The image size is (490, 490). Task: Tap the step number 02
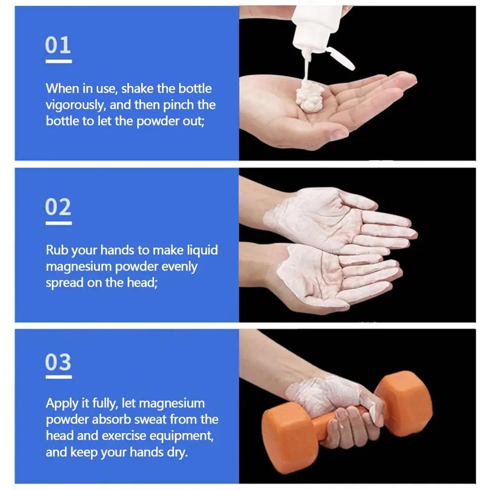pyautogui.click(x=58, y=207)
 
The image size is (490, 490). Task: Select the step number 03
pyautogui.click(x=58, y=363)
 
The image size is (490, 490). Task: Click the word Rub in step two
pyautogui.click(x=57, y=250)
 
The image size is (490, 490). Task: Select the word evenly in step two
pyautogui.click(x=180, y=267)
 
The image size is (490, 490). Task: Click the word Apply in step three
pyautogui.click(x=61, y=403)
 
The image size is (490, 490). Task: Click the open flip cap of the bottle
pyautogui.click(x=341, y=58)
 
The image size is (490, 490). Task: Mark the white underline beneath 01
pyautogui.click(x=58, y=61)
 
